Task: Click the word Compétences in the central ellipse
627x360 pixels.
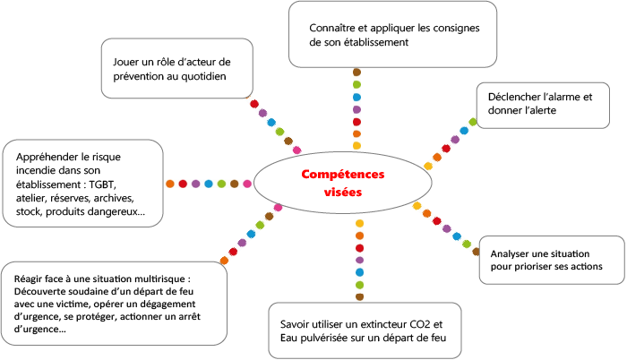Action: point(343,175)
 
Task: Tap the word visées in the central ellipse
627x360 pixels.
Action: point(343,192)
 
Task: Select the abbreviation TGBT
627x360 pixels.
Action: point(102,184)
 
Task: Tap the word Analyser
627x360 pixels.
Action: point(509,254)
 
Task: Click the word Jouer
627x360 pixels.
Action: point(125,62)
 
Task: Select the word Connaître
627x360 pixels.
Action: point(332,28)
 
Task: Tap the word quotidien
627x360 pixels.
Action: point(203,76)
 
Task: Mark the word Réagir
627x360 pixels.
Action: point(28,279)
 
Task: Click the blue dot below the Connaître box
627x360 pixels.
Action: point(356,98)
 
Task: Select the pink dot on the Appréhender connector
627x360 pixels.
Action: point(247,184)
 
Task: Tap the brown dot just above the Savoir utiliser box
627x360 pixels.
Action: point(359,296)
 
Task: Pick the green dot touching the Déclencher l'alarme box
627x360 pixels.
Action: point(473,122)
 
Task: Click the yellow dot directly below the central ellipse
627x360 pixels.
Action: point(359,224)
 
